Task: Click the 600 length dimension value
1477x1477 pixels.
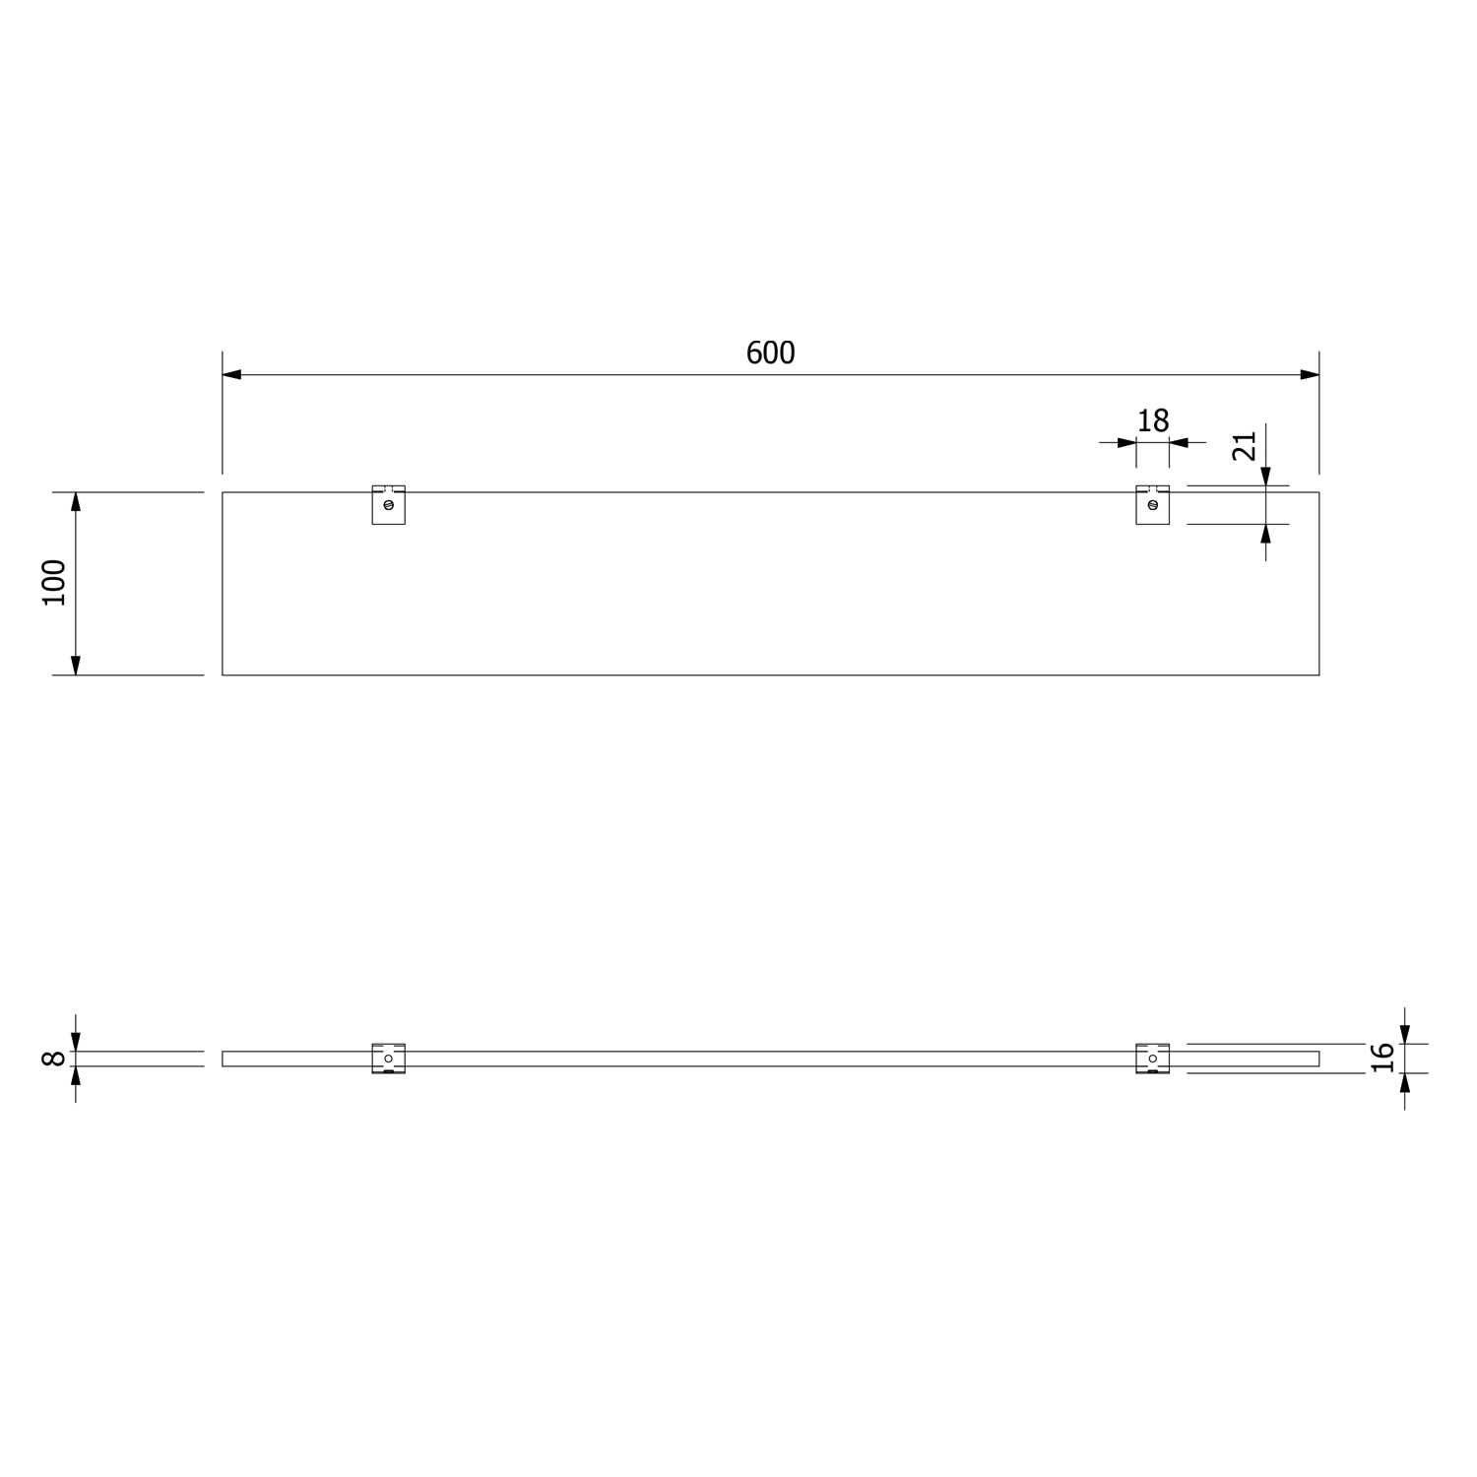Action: pos(770,353)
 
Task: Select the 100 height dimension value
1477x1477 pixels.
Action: pos(54,582)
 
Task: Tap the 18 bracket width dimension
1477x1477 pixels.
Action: pos(1153,420)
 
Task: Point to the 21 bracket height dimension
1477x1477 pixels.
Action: pos(1245,446)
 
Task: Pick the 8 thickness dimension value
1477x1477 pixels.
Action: pos(54,1059)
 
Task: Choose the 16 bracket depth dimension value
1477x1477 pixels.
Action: pos(1382,1057)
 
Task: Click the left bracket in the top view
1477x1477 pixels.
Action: pos(388,504)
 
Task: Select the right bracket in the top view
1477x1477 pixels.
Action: pos(1153,504)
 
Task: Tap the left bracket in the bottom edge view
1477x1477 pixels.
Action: pos(388,1059)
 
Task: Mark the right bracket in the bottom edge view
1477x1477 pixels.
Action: pos(1153,1059)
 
